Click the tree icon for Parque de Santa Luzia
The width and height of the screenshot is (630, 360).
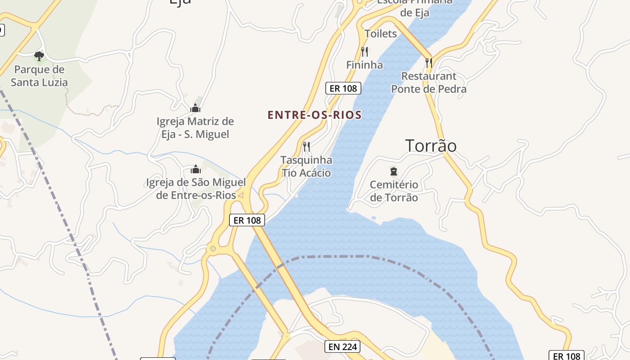[39, 56]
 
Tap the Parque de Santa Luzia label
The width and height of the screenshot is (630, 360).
[39, 76]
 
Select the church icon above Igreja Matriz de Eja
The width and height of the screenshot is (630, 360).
[195, 108]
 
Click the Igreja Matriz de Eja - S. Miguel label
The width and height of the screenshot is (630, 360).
[195, 128]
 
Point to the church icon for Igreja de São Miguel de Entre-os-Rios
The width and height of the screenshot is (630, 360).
[195, 170]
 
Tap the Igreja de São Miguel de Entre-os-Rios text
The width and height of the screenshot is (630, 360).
[196, 189]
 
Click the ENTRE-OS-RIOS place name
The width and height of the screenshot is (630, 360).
[315, 115]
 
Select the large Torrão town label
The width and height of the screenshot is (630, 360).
[431, 146]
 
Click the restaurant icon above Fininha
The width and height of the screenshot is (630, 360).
[364, 52]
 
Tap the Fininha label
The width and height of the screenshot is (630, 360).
[364, 65]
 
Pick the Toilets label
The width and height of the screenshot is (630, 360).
[381, 34]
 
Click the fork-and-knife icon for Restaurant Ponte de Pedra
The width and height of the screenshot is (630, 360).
[429, 63]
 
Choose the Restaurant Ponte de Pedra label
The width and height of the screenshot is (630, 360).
[428, 82]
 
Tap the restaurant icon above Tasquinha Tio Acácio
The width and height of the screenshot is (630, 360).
[306, 147]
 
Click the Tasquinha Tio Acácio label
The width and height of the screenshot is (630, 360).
[306, 166]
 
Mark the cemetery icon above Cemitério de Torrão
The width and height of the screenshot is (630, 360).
[394, 171]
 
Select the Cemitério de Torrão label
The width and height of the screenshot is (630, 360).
[394, 191]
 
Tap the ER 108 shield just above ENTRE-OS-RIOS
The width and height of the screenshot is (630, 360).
[343, 89]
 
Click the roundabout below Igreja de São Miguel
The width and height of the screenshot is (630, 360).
[212, 248]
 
